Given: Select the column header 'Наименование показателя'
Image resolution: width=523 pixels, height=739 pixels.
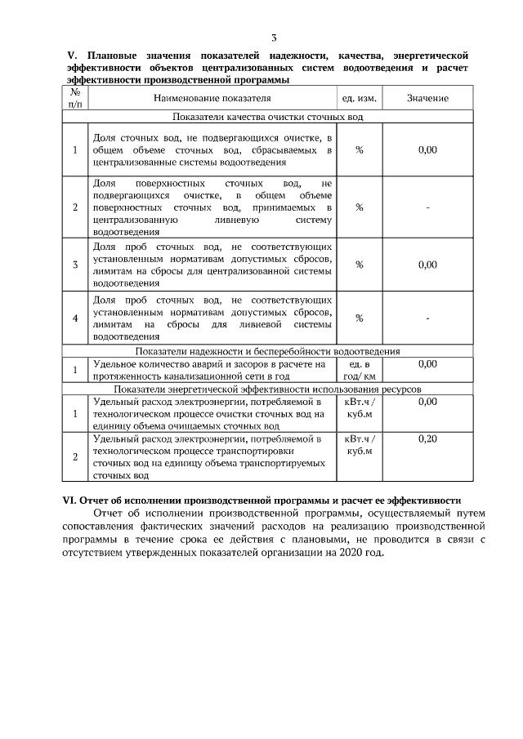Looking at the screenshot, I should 212,99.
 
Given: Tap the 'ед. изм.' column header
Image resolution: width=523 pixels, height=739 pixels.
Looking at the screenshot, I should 359,99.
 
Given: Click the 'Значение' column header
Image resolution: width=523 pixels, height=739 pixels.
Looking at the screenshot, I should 427,99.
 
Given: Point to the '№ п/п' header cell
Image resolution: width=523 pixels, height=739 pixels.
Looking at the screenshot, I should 75,99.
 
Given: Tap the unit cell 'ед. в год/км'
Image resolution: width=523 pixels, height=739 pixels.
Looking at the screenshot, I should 359,370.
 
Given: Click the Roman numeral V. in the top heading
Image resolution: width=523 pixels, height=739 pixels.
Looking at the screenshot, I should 70,55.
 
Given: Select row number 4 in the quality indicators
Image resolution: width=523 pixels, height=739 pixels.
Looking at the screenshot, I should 75,318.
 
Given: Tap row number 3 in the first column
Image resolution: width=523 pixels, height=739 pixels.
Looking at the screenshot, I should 75,265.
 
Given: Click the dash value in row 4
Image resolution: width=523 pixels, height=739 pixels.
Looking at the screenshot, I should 427,318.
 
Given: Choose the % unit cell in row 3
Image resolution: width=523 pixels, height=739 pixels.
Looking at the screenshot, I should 359,265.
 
